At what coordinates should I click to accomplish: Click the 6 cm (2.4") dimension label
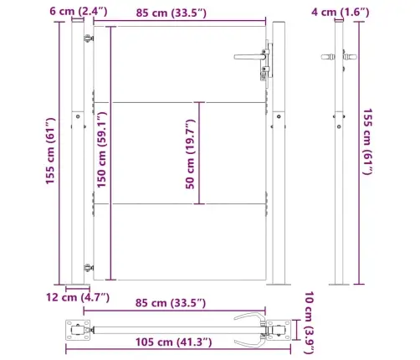[30, 11]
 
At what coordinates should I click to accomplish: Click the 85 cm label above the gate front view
[179, 11]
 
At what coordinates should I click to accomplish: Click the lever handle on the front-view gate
[248, 57]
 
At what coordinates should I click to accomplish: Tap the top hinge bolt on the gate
[88, 39]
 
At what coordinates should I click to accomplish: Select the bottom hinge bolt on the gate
[88, 266]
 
